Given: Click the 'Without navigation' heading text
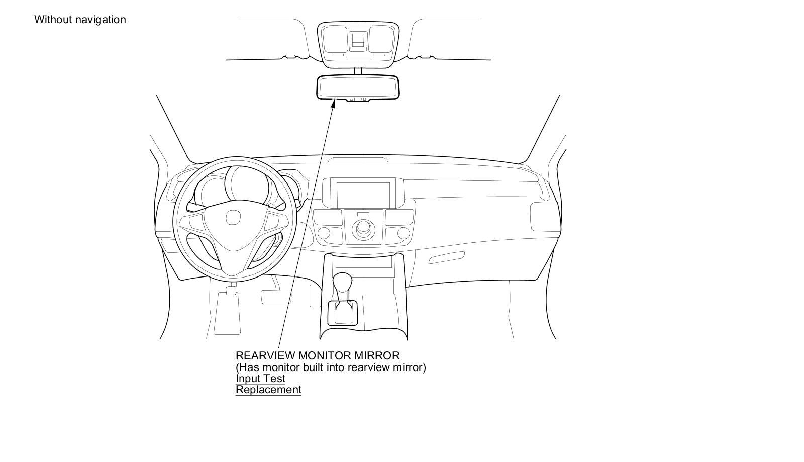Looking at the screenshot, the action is [x=80, y=20].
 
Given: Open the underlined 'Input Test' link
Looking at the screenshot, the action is [x=260, y=379].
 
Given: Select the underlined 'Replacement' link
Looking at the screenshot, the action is [x=268, y=390].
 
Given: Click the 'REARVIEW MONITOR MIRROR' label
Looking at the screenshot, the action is [x=318, y=356].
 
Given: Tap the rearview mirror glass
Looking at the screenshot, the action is [x=357, y=86].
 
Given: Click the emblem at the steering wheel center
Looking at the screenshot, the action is [x=233, y=218].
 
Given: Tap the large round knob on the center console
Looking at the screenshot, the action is [x=363, y=229].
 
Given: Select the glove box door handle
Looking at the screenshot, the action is [x=447, y=258].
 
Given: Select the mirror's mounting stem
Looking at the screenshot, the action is [x=357, y=71].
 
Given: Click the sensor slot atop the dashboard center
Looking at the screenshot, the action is [x=358, y=160].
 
